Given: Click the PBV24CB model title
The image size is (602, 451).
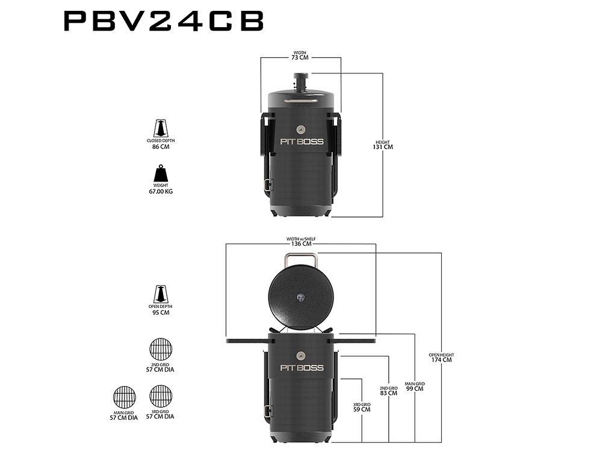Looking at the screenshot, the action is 164,20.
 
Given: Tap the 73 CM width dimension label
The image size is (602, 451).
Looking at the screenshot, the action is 300,58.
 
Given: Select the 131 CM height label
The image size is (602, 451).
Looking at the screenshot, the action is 383,147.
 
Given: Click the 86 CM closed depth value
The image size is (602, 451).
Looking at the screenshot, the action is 161,147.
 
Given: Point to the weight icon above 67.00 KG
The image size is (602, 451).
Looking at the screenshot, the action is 161,173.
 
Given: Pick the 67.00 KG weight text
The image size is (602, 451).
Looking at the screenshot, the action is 161,191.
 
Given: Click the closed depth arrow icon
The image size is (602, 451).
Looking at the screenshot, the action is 161,128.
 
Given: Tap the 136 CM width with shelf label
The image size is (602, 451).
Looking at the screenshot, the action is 302,244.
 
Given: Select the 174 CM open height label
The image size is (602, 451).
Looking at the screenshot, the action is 441,360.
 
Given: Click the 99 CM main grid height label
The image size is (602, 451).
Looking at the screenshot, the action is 415,388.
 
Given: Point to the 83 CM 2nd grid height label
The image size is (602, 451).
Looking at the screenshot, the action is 388,393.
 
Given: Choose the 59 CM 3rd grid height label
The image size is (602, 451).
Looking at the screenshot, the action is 362,409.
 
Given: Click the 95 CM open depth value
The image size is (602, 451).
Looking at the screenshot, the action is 161,313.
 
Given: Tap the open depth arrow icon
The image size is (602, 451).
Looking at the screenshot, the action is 161,294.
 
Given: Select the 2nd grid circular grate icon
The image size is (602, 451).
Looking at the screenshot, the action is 161,349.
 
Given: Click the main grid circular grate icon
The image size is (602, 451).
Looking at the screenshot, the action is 125,397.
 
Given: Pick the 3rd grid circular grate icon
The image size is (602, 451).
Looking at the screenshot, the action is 161,396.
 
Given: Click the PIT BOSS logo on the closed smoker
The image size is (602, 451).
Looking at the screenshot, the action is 302,141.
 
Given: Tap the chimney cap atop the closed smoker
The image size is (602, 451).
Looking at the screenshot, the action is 301,76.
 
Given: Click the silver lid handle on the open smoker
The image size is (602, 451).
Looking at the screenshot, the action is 300,255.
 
